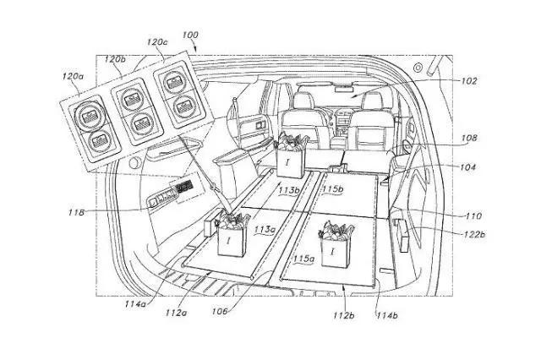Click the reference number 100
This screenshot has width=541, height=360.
(191, 35)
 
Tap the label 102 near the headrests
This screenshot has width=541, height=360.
(470, 81)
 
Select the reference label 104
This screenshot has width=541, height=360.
(467, 167)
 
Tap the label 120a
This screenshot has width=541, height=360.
(73, 76)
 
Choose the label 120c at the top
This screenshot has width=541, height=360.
(156, 41)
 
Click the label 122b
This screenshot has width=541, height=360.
(471, 235)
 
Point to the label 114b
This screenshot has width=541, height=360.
(385, 316)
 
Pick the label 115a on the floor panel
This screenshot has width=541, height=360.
(302, 257)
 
